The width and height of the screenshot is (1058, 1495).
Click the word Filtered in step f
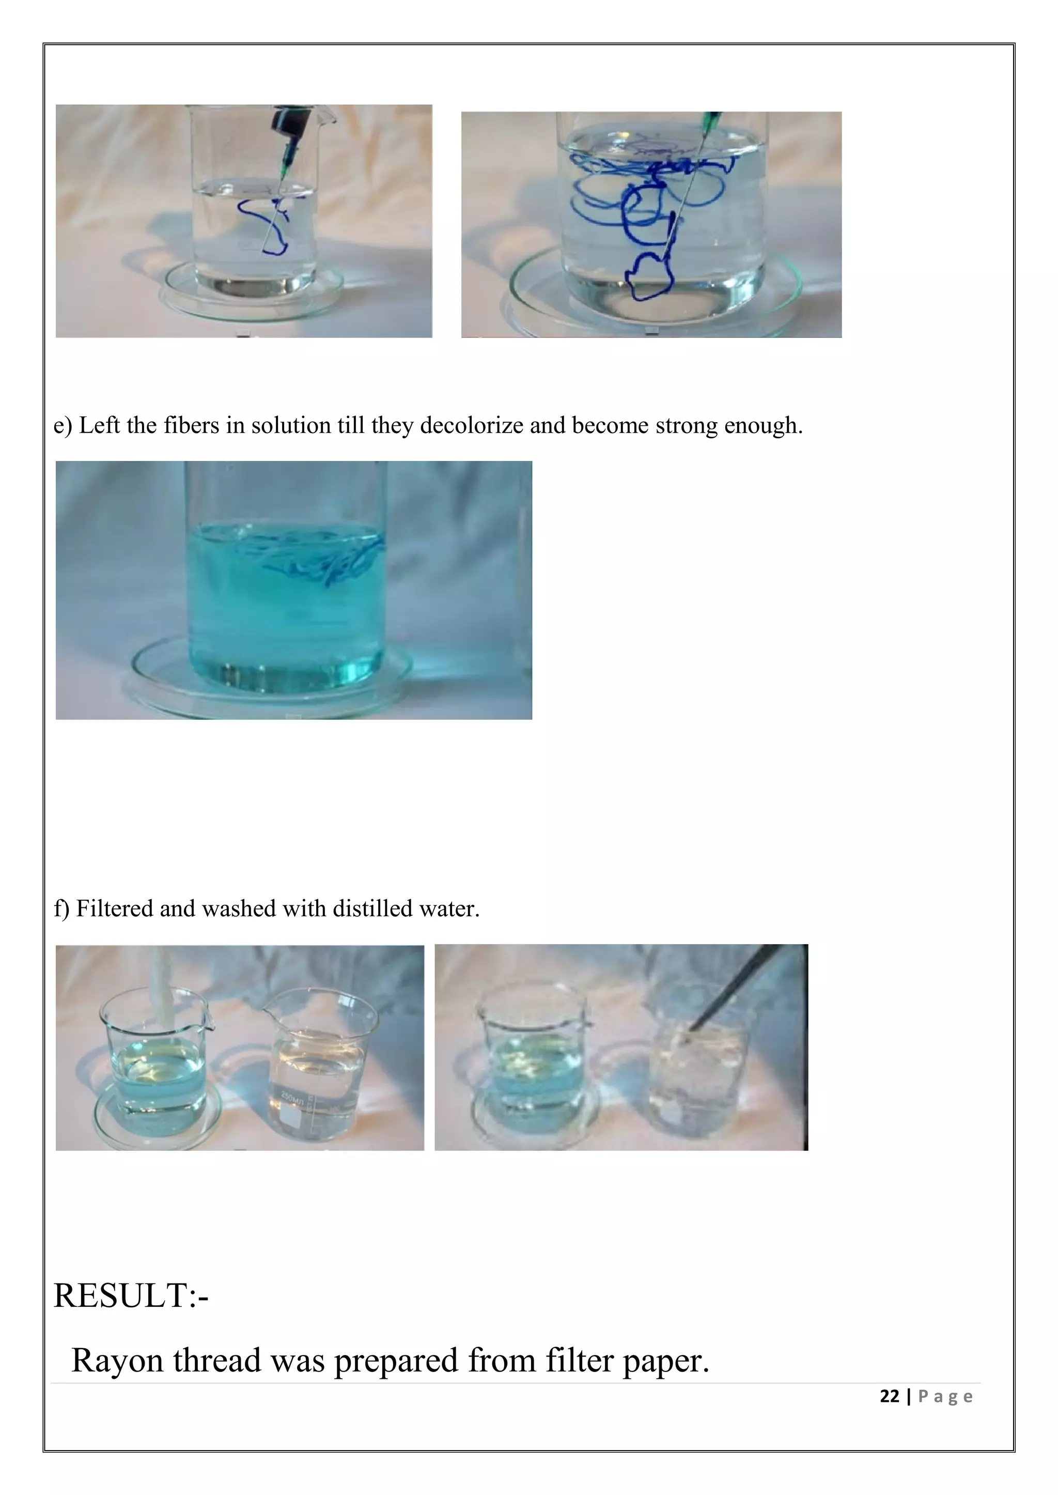click(115, 908)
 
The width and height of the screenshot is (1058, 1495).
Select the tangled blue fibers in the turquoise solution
click(326, 557)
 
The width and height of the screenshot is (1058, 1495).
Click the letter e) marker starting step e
click(63, 426)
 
